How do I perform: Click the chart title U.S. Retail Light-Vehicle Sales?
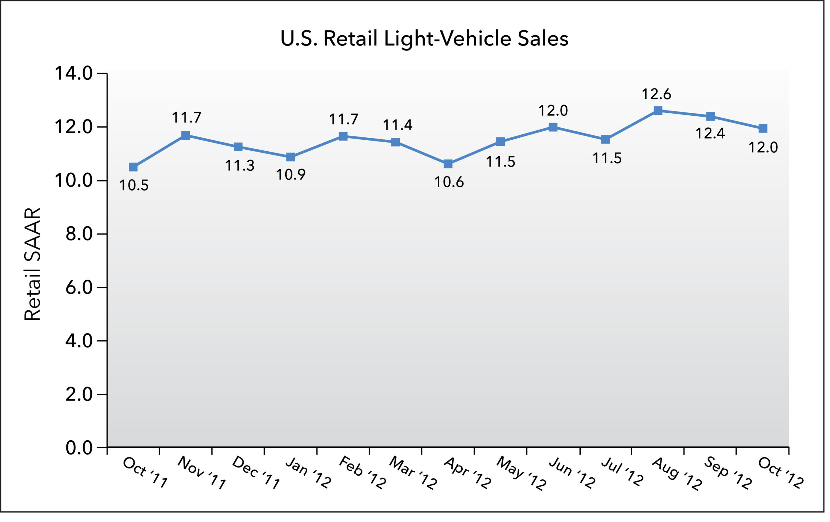(x=424, y=39)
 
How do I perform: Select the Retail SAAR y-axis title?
(x=32, y=264)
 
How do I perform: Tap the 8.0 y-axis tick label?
(x=79, y=234)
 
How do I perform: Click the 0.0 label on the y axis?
(x=79, y=448)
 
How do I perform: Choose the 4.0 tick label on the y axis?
(x=79, y=341)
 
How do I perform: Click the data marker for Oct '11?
(x=133, y=167)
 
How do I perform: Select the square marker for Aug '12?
(x=658, y=110)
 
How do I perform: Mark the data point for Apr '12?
(x=448, y=164)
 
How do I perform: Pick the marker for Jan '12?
(x=290, y=157)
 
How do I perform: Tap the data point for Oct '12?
(x=763, y=129)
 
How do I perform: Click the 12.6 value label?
(x=656, y=94)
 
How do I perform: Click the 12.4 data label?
(x=710, y=134)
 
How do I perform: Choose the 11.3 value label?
(x=240, y=166)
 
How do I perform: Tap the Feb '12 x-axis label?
(x=362, y=473)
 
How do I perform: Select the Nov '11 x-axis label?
(x=202, y=473)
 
